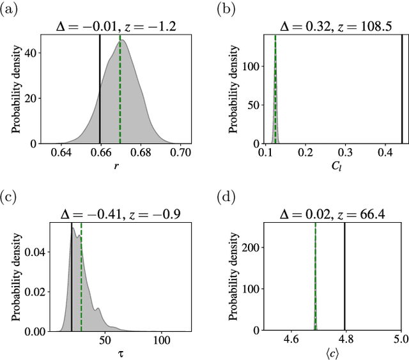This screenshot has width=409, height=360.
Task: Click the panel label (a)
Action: point(11,9)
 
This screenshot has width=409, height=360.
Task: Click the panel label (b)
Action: point(226,9)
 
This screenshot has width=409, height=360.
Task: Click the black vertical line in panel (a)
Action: point(100,89)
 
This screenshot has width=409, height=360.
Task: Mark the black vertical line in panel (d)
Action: point(345,274)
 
